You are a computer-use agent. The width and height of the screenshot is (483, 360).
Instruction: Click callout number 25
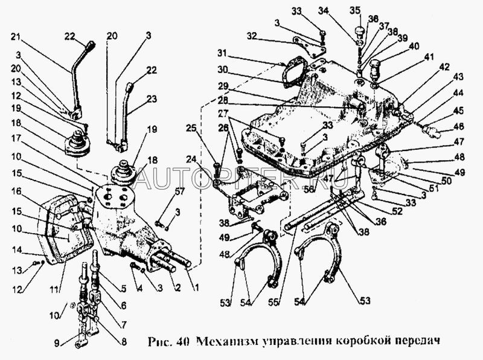[x=191, y=129]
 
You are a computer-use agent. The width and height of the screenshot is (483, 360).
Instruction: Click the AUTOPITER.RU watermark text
[x=241, y=179]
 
